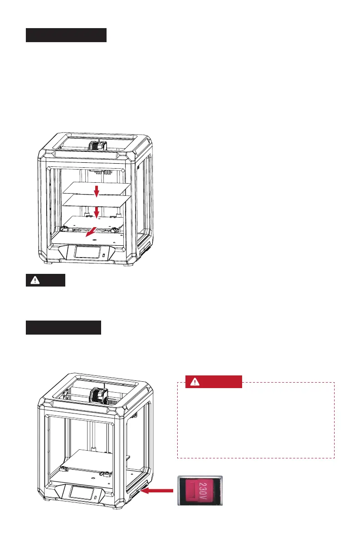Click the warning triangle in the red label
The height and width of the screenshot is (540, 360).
(195, 382)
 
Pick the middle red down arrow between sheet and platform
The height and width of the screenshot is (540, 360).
(96, 210)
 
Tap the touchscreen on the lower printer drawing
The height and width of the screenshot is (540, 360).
(82, 493)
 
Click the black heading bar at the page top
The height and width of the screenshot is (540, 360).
(66, 35)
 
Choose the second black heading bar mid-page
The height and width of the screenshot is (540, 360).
(63, 327)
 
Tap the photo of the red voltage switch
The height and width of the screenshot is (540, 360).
(199, 491)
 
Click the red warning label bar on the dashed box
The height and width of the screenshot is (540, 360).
(214, 382)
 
